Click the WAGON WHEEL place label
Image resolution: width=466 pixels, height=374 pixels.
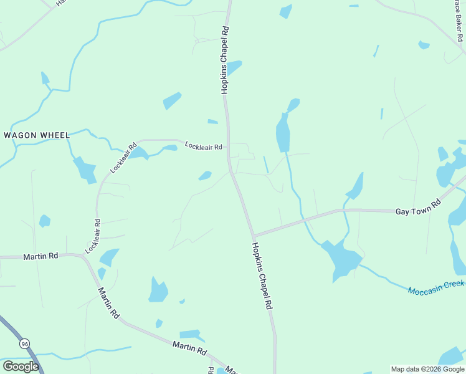pyautogui.click(x=37, y=135)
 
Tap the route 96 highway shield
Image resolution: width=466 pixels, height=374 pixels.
pyautogui.click(x=24, y=343)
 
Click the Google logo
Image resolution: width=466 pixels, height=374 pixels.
pyautogui.click(x=21, y=367)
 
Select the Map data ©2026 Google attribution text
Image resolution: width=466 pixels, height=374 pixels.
pyautogui.click(x=427, y=369)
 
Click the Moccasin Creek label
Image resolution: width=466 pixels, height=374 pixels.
pyautogui.click(x=436, y=288)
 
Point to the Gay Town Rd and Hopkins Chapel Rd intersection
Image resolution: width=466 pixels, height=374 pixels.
pyautogui.click(x=253, y=236)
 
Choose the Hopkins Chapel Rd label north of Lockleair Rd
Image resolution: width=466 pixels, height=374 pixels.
pyautogui.click(x=225, y=60)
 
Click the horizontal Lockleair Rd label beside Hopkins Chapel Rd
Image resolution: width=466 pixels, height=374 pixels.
pyautogui.click(x=204, y=146)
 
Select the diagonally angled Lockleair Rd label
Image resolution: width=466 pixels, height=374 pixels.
pyautogui.click(x=123, y=159)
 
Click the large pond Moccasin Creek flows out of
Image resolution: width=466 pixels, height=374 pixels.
pyautogui.click(x=341, y=257)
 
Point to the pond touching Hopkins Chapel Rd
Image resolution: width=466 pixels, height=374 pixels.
pyautogui.click(x=232, y=67)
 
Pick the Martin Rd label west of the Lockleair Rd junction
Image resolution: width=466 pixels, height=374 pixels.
pyautogui.click(x=40, y=256)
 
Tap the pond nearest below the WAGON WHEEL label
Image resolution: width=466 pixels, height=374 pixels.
pyautogui.click(x=85, y=170)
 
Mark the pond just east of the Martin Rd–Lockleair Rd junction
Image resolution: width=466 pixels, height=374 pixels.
pyautogui.click(x=110, y=256)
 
